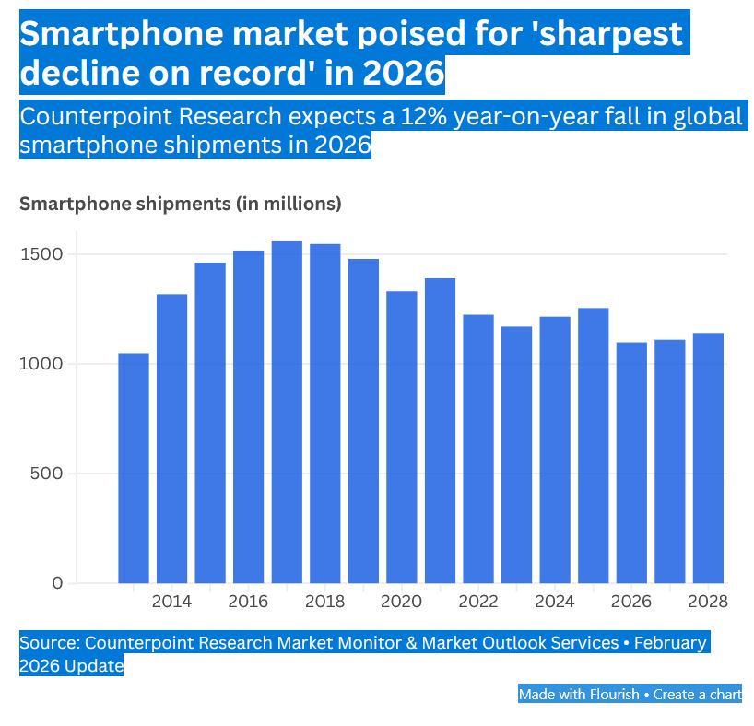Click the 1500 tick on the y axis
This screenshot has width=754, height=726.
click(43, 254)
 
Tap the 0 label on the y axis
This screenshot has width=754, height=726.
click(57, 583)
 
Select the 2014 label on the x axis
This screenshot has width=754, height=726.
click(171, 602)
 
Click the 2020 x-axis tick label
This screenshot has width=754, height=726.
click(401, 602)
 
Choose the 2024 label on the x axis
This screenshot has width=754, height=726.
click(555, 602)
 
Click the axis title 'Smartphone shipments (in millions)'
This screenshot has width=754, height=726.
click(181, 204)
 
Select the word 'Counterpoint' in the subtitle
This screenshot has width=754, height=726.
click(91, 117)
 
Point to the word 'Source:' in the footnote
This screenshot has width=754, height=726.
click(50, 642)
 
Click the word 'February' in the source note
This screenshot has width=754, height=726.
click(669, 642)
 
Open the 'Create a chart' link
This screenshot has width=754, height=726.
click(698, 694)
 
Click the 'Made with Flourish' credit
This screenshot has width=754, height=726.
click(578, 694)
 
